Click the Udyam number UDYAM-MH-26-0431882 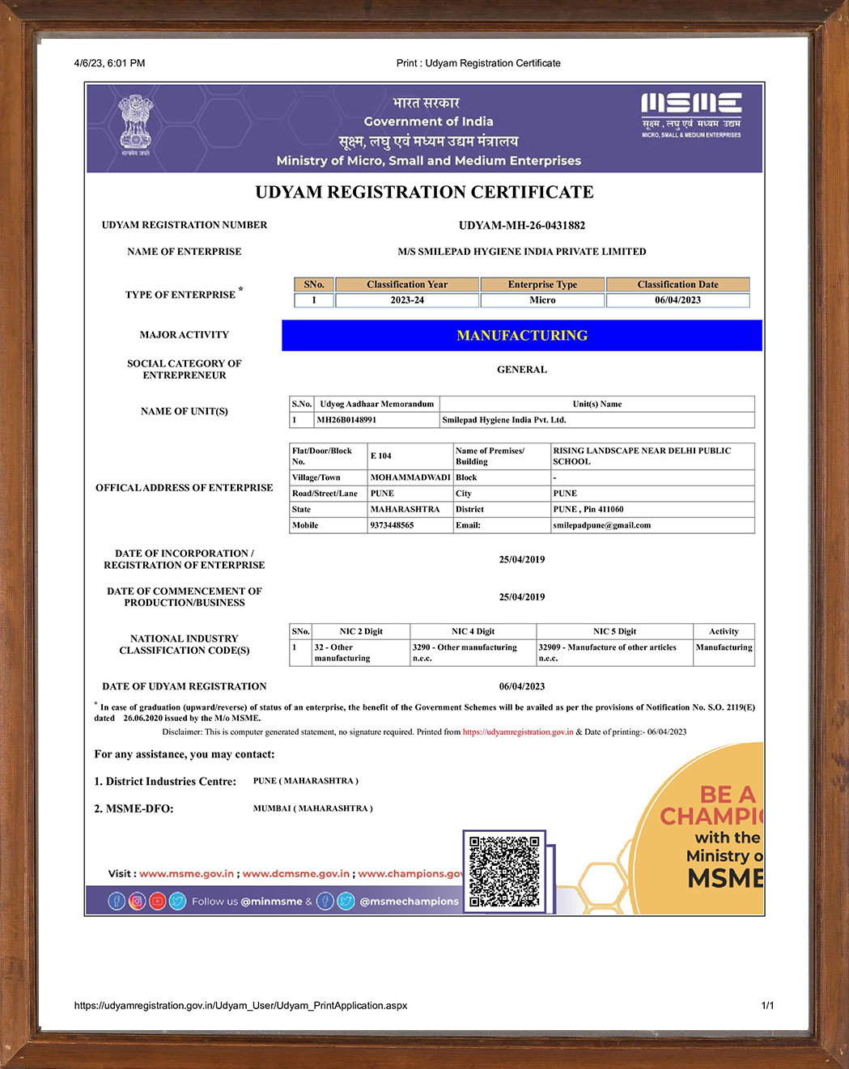point(521,226)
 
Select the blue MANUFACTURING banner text point(522,335)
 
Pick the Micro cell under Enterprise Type point(542,300)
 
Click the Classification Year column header point(406,285)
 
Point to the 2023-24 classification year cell point(406,300)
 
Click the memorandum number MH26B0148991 point(346,420)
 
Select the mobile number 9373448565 point(392,525)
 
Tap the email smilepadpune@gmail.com point(601,525)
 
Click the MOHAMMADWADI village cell point(410,477)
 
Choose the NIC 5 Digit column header point(614,631)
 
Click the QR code point(504,871)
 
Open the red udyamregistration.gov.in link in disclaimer point(518,732)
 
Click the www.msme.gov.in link point(186,874)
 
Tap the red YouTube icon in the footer point(157,901)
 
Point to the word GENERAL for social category point(521,370)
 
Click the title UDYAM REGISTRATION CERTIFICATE point(424,193)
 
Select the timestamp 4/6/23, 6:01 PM point(109,63)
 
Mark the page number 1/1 point(767,1006)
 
